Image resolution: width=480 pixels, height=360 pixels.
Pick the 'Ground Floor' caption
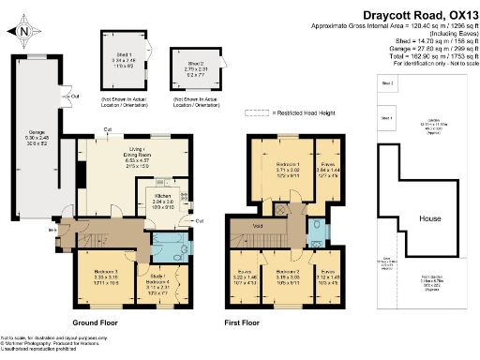[x=100, y=322]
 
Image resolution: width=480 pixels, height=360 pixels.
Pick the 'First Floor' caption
[x=244, y=322]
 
